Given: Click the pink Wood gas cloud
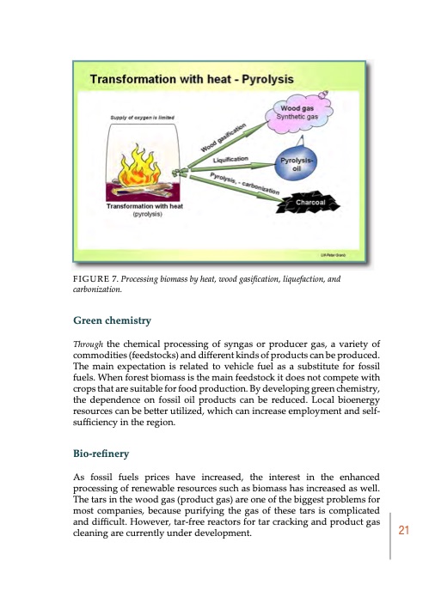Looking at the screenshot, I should click(295, 113).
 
